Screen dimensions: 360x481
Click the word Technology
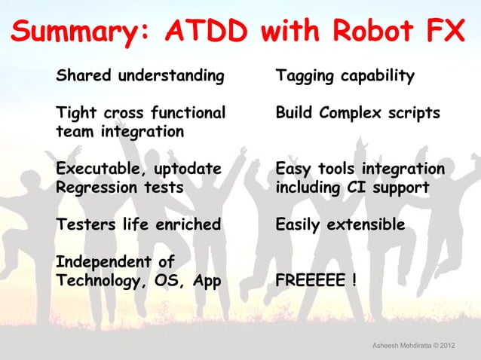99,281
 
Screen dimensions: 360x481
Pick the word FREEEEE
306,281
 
